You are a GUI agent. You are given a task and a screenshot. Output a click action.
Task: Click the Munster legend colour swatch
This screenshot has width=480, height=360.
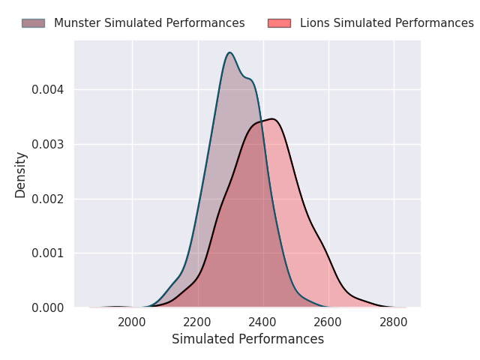(33, 23)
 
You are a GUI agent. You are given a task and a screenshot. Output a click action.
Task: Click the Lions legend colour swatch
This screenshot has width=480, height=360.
(279, 23)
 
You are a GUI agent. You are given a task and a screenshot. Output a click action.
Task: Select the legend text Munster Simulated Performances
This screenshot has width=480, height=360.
(149, 23)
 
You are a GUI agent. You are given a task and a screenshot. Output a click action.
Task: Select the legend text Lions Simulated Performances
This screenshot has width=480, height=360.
(387, 23)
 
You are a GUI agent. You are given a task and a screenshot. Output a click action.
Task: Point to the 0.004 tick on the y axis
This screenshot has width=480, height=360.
(48, 90)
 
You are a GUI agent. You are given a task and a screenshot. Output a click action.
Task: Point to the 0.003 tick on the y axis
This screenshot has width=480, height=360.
(48, 144)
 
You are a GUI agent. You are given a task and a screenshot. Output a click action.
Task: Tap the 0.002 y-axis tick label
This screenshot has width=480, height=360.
(48, 199)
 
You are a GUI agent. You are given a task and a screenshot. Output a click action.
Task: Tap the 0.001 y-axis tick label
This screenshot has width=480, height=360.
(48, 253)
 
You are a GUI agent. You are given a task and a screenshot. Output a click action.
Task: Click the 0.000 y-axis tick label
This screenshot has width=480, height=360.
(48, 307)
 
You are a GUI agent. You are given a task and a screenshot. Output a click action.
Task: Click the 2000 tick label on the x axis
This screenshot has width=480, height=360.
(132, 322)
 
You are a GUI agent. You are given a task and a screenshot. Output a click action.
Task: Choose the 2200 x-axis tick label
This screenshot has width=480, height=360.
(197, 322)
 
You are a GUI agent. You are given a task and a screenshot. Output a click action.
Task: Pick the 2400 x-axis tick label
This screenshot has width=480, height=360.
(262, 322)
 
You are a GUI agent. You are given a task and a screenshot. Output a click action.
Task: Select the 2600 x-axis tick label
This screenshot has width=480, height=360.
(328, 322)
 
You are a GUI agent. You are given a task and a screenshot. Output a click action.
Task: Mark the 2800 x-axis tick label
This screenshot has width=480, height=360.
(394, 322)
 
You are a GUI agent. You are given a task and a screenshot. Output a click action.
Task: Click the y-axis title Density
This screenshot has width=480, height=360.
(20, 175)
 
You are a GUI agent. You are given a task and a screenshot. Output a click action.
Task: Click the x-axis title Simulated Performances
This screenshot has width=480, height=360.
(248, 339)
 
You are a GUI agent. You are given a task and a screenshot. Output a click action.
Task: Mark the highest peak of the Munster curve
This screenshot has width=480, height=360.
(230, 52)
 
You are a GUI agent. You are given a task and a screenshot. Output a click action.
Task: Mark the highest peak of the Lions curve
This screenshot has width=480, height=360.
(272, 118)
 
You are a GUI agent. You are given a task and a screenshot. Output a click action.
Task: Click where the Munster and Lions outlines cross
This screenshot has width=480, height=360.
(261, 121)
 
